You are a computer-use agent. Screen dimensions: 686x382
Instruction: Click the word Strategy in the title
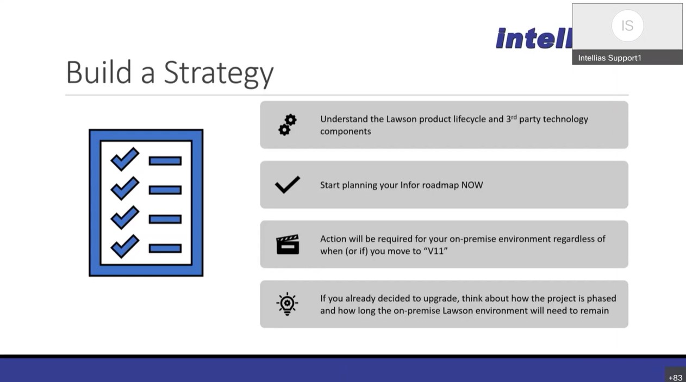point(219,73)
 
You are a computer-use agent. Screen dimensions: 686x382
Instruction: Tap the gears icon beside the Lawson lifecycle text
point(287,125)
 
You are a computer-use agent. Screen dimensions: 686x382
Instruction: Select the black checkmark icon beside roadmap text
point(287,185)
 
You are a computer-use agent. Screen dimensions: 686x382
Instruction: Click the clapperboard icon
point(288,245)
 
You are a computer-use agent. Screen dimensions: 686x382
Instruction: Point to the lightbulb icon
point(287,304)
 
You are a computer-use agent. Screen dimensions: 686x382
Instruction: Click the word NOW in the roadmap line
point(472,185)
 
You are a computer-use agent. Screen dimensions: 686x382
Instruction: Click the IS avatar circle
point(627,26)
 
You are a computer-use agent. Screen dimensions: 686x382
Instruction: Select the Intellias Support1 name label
point(609,58)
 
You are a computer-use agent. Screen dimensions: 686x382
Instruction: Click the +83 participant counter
point(675,378)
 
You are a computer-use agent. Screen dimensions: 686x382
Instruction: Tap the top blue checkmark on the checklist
point(125,159)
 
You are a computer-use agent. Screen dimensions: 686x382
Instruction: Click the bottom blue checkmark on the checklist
point(125,246)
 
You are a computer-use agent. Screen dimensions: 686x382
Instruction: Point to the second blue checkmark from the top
point(125,188)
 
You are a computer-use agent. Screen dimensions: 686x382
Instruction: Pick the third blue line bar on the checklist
point(165,219)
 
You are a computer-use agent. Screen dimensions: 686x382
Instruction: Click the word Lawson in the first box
point(401,119)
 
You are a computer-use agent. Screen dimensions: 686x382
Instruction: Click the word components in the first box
point(346,131)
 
